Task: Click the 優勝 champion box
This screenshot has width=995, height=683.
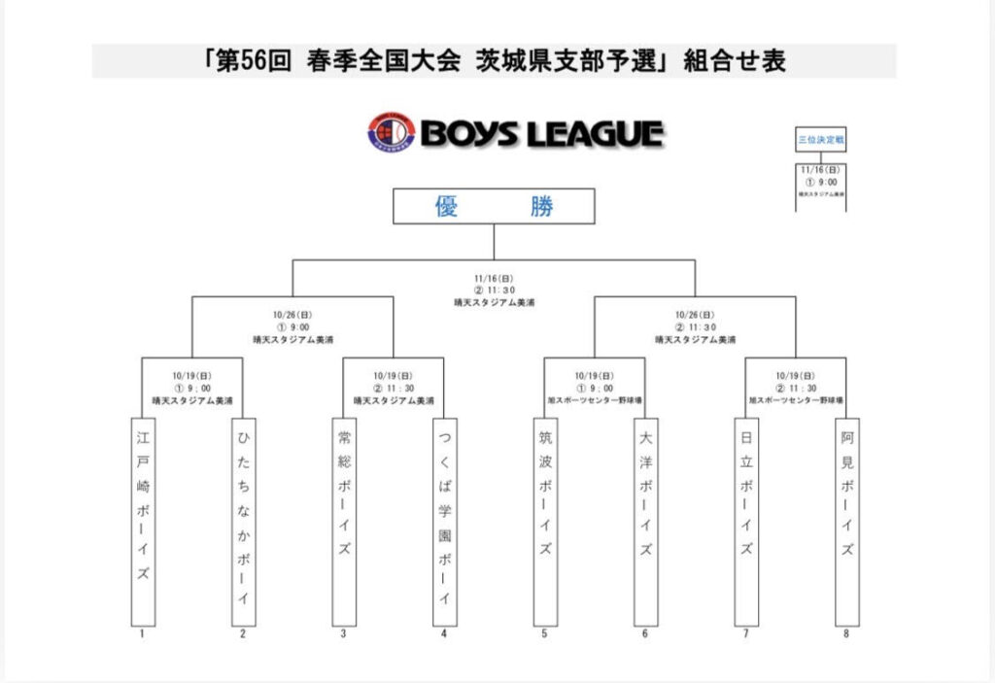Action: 494,206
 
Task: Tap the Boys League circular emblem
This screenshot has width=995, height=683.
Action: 391,132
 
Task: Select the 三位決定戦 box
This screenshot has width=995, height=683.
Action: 820,140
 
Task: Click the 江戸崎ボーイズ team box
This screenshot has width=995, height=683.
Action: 143,521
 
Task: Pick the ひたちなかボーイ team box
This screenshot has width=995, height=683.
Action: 243,521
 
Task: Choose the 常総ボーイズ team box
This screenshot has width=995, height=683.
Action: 344,521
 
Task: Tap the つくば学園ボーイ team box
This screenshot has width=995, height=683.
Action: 444,521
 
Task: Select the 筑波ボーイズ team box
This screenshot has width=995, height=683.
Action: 545,521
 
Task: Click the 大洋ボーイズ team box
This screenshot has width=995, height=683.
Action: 645,521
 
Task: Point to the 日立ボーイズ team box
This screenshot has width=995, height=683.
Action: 746,521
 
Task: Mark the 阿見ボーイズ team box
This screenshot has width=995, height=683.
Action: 846,521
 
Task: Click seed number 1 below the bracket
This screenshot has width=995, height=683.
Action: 143,634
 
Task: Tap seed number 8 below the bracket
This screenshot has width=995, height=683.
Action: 846,634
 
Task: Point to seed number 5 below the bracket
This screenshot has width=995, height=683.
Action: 545,634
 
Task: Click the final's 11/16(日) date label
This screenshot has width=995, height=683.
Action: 494,278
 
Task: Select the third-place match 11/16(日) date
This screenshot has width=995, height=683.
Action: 820,169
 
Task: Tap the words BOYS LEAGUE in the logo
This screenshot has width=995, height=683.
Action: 542,134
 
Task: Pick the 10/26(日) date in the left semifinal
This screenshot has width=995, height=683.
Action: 292,315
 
